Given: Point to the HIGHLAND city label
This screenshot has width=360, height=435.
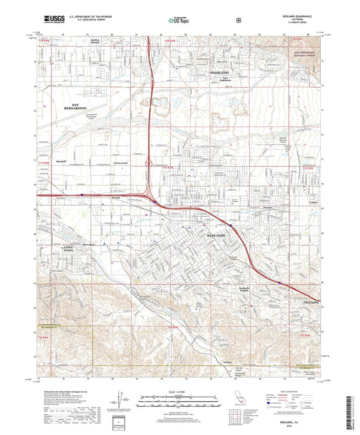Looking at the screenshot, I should [x=220, y=72].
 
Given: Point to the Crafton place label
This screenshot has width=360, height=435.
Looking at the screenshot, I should [x=294, y=202].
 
